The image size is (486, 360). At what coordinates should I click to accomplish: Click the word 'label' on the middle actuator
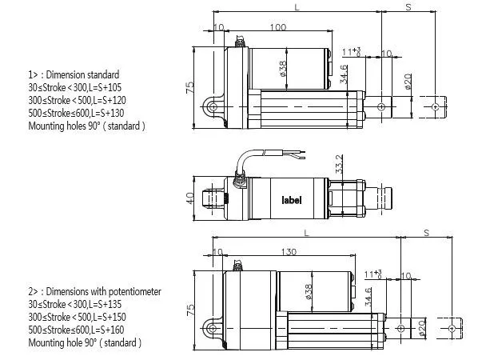tap(291, 200)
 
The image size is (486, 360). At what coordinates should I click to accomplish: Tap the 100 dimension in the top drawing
tap(277, 28)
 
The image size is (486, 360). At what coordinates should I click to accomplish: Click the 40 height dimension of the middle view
tap(190, 197)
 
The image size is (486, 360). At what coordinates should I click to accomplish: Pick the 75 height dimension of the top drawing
tap(190, 87)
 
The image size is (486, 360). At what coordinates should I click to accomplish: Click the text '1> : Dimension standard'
tap(74, 74)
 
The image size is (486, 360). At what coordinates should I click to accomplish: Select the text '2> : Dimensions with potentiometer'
tap(94, 292)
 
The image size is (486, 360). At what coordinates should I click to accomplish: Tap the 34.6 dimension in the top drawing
tap(343, 74)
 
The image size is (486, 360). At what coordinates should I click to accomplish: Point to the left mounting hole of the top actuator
tap(212, 106)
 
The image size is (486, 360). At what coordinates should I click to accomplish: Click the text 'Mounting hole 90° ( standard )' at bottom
tap(84, 342)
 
